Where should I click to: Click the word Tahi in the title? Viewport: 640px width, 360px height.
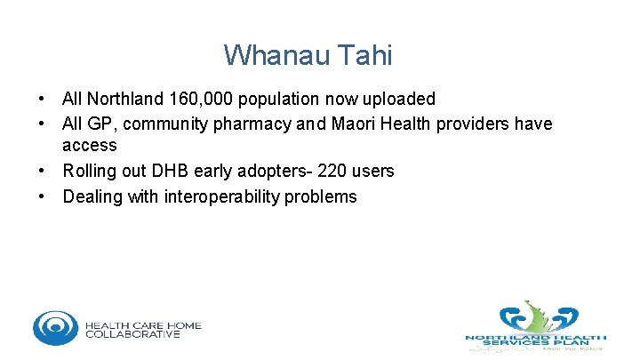tap(364, 55)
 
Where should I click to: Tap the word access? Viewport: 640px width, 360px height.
tap(89, 145)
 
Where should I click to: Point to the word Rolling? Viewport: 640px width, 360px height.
tap(88, 171)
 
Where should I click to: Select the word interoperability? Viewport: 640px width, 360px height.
tap(222, 196)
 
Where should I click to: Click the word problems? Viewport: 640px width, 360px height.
tap(321, 196)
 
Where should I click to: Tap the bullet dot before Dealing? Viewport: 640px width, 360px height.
tap(41, 196)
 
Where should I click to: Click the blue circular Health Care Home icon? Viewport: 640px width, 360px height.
tap(55, 327)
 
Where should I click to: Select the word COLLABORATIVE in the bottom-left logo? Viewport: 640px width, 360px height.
tap(133, 334)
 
